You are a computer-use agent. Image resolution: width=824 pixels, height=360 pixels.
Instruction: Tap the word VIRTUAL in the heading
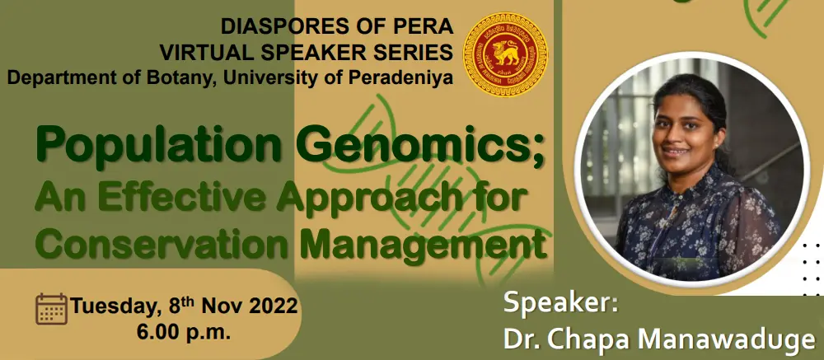pyautogui.click(x=199, y=52)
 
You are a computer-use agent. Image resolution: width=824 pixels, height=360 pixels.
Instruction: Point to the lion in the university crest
pyautogui.click(x=504, y=53)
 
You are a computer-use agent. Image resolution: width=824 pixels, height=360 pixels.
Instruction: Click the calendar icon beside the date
pyautogui.click(x=51, y=309)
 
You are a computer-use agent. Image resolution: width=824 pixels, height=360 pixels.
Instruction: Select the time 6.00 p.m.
pyautogui.click(x=184, y=332)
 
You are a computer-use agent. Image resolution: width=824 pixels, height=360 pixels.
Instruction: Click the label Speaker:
pyautogui.click(x=560, y=304)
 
